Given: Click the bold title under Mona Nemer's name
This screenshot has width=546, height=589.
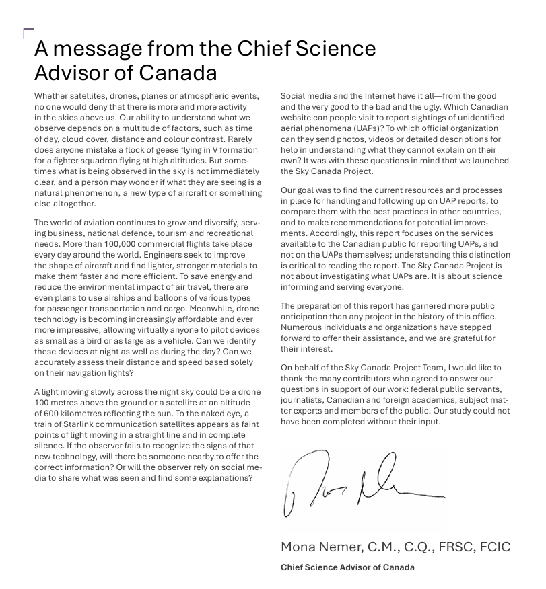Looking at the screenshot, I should pos(347,567).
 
